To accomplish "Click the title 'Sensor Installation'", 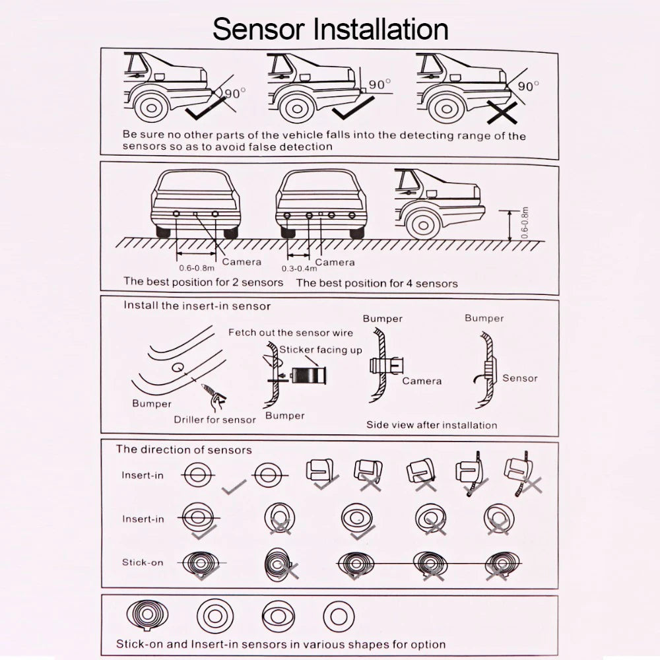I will point(331,30).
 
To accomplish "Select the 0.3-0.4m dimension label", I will point(299,269).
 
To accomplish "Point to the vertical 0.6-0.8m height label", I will point(525,223).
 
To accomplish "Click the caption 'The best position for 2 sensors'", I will point(203,282).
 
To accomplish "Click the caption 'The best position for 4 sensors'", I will point(376,283).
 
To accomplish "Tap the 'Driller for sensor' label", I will point(214,419).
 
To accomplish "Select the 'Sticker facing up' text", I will point(321,350).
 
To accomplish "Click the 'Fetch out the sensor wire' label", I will point(290,333).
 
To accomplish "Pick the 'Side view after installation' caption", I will point(432,424).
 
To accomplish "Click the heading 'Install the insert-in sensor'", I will point(197,306).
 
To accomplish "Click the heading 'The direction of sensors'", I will point(184,449).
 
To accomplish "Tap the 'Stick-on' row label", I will point(142,562).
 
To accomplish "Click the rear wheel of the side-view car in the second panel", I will point(423,222).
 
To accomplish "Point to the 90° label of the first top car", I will point(234,94).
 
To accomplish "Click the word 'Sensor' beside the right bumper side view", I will point(519,378).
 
